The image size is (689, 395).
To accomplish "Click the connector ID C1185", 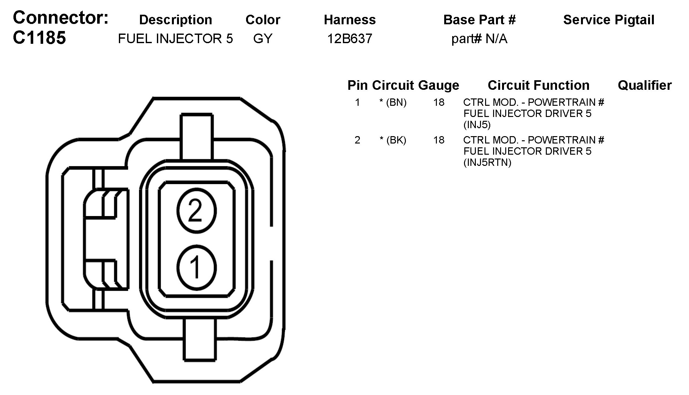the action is [39, 38].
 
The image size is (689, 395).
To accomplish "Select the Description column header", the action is [175, 20].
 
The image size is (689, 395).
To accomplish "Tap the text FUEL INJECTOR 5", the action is [175, 39].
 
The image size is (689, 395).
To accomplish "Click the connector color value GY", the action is [263, 39].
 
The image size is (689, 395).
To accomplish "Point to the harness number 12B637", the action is [350, 39].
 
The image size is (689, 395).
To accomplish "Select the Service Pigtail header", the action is [609, 20].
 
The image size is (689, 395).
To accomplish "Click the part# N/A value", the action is [479, 39].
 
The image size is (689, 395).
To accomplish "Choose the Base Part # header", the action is [479, 20].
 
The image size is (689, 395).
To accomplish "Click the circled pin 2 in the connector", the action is [196, 211].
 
